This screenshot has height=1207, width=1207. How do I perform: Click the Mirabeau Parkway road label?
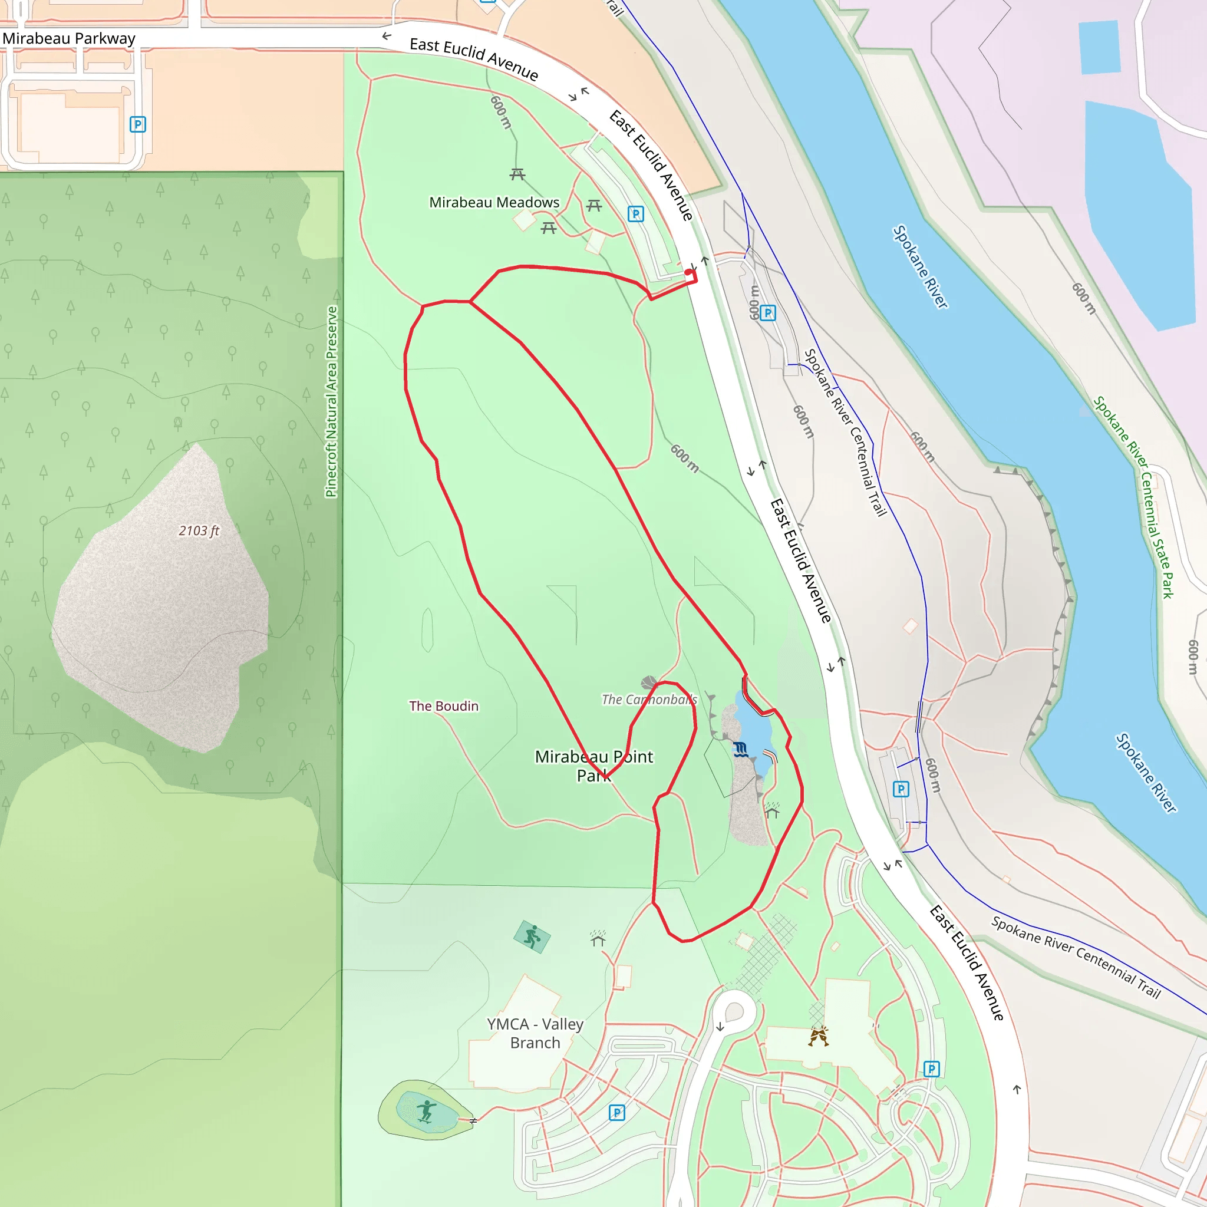[x=69, y=39]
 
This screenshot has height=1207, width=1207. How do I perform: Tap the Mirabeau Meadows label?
[x=494, y=202]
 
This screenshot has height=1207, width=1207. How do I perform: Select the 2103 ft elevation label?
[x=199, y=531]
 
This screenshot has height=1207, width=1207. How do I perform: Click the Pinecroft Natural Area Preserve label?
[x=332, y=402]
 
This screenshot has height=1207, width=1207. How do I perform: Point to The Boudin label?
[x=444, y=706]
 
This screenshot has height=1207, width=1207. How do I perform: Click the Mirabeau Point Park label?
[x=593, y=766]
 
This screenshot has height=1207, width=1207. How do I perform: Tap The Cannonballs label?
[x=649, y=700]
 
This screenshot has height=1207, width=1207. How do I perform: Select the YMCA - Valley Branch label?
[x=535, y=1033]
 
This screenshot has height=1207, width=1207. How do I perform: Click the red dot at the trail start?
[x=688, y=272]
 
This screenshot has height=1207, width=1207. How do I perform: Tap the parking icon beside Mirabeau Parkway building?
[x=137, y=124]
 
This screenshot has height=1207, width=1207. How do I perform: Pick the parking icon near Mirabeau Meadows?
[x=635, y=215]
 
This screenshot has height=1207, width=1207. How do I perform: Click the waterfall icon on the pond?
[x=741, y=749]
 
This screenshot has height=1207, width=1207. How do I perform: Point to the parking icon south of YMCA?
[x=616, y=1113]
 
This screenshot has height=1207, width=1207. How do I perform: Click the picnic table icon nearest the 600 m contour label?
[x=517, y=174]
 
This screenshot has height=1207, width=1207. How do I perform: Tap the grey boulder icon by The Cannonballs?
[x=649, y=682]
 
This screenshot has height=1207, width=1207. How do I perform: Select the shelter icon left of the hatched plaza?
[x=598, y=938]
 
